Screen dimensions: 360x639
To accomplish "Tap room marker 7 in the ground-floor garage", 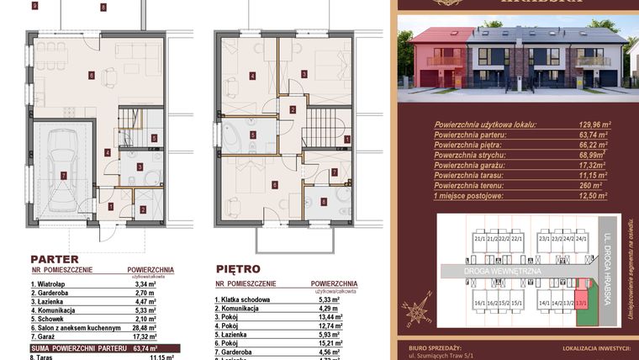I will point(64,175).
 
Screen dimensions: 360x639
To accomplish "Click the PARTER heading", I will point(55,259).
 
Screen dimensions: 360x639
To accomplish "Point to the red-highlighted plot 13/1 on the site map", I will point(580,302).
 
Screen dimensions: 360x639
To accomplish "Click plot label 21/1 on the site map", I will point(480,240).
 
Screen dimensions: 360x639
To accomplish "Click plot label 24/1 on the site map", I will point(581,240).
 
